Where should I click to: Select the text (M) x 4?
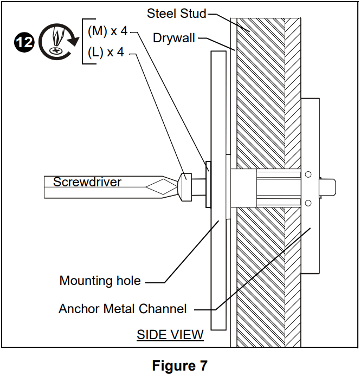click(x=107, y=31)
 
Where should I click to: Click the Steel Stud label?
click(x=177, y=14)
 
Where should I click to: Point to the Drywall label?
click(x=173, y=38)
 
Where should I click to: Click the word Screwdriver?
click(x=87, y=182)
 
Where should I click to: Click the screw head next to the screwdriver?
click(x=185, y=185)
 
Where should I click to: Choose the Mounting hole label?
click(x=100, y=281)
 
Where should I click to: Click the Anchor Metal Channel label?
click(x=123, y=309)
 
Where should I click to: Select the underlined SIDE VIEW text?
click(x=170, y=334)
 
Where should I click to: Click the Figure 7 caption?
click(x=179, y=366)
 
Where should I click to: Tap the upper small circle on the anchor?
click(x=308, y=174)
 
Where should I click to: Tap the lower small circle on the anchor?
click(x=308, y=203)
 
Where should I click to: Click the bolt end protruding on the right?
click(x=330, y=186)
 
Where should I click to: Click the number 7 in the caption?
click(x=203, y=366)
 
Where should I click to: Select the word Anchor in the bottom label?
click(x=77, y=309)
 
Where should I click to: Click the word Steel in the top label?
click(x=161, y=14)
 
